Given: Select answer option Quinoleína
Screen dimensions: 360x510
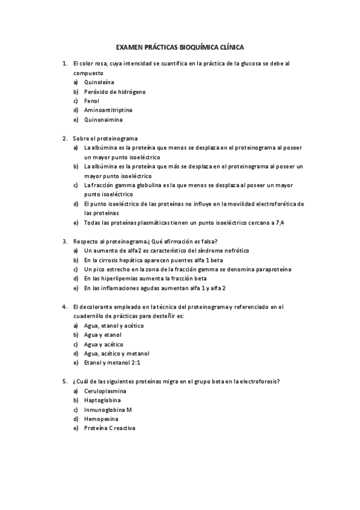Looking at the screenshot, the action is coord(100,82).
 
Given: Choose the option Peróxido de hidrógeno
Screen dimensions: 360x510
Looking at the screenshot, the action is coord(115,91).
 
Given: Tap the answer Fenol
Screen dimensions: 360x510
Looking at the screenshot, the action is coord(92,101).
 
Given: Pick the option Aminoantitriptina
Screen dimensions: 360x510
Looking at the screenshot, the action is coord(108,110).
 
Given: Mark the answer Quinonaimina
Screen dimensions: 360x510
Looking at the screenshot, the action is coord(103,120).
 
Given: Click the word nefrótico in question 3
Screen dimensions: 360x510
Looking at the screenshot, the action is coord(212,251).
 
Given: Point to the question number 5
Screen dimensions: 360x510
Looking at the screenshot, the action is coord(64,381).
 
